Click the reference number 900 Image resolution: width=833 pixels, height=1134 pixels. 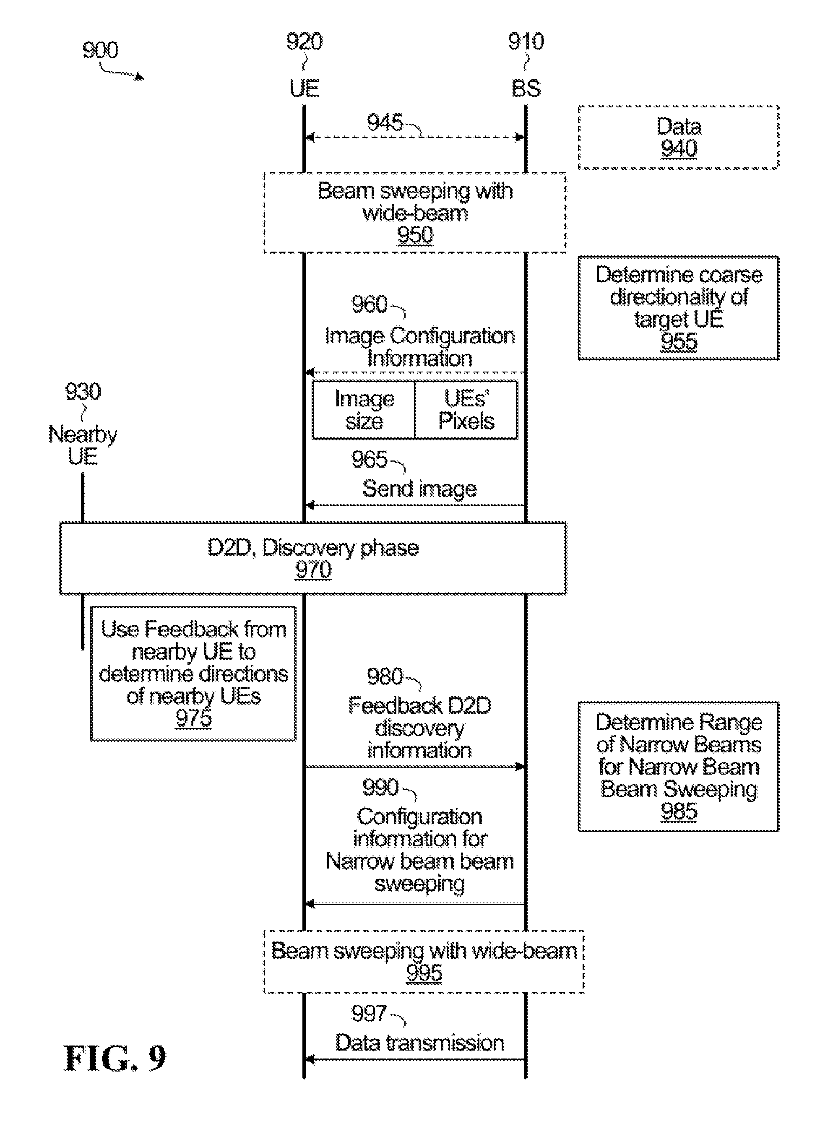point(100,50)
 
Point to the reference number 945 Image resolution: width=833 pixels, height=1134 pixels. point(385,122)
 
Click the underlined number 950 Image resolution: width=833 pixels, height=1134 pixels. point(415,235)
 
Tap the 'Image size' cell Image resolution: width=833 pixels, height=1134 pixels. point(364,410)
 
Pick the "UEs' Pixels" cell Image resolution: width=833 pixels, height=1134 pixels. point(466,410)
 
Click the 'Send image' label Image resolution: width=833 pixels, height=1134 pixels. point(419,489)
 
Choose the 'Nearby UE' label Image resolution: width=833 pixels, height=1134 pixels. point(83,445)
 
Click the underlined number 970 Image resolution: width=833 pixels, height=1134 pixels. point(313,570)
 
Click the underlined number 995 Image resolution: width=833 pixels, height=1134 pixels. point(424,973)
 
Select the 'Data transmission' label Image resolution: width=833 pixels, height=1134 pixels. point(419,1043)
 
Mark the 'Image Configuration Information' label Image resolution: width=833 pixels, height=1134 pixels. point(419,347)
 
